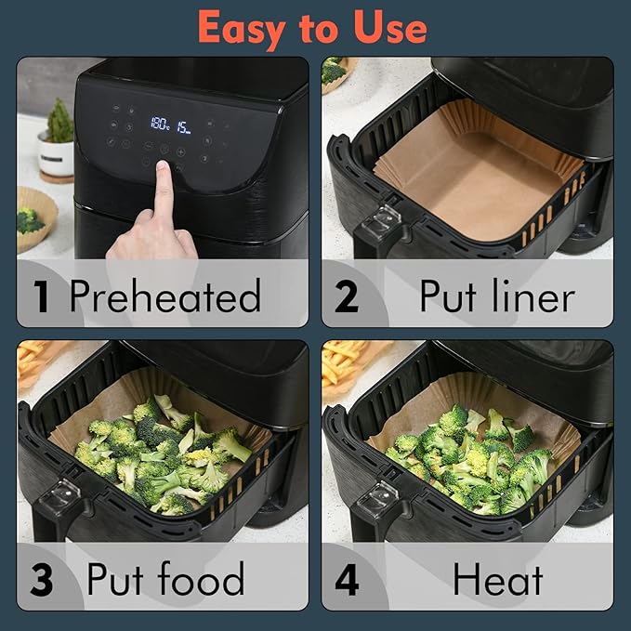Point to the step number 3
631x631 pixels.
coord(41,579)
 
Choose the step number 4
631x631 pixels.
coord(346,579)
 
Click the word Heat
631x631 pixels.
coord(497,579)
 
